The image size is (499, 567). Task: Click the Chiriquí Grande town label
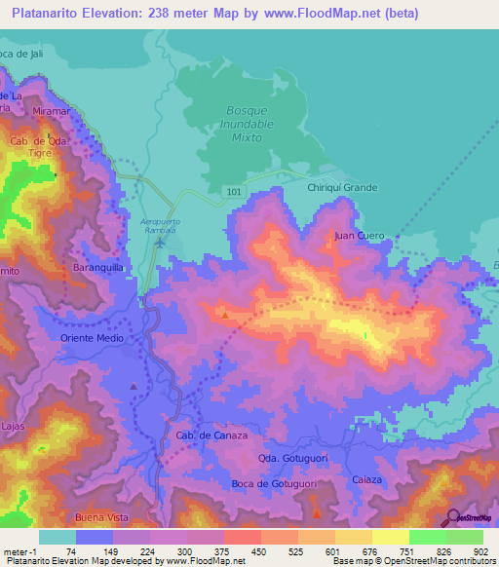(342, 187)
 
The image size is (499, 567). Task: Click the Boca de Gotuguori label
(277, 483)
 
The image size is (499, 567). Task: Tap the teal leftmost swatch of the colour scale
(57, 537)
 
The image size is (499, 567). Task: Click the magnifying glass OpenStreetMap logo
(453, 517)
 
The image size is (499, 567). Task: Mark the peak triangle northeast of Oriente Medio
(226, 315)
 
